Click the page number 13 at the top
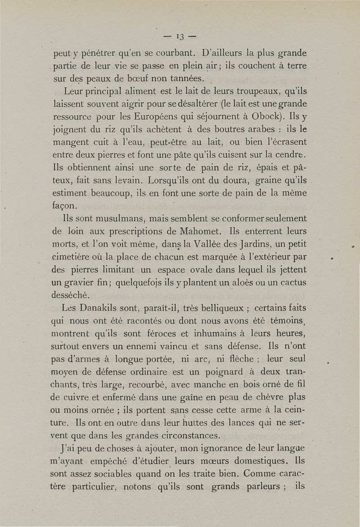pyautogui.click(x=180, y=36)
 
